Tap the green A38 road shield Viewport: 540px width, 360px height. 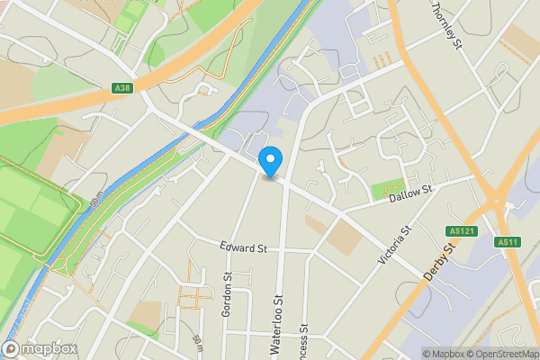[124, 88]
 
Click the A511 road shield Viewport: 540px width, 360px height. [508, 241]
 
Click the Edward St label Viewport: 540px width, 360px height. [244, 247]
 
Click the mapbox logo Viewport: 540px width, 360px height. [40, 349]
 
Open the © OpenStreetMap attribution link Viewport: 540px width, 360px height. [498, 354]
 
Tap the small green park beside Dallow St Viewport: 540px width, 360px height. [385, 190]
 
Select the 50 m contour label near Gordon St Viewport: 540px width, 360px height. [196, 342]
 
